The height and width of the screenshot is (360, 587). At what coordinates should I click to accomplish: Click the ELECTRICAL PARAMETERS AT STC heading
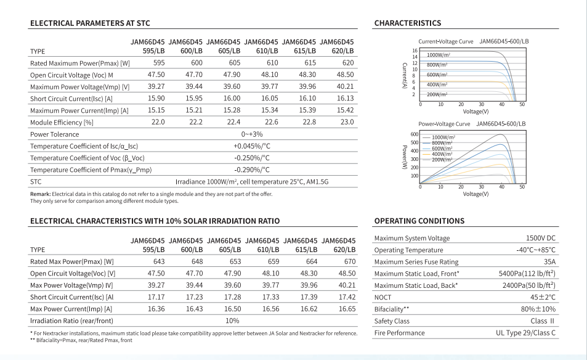click(90, 23)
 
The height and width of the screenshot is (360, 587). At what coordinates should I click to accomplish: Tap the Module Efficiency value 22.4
click(233, 122)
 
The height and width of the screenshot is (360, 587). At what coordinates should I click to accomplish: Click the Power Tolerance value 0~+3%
click(252, 134)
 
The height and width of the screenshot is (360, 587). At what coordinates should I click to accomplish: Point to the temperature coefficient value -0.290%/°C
click(252, 170)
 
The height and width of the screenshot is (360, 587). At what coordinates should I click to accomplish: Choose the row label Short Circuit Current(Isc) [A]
click(71, 99)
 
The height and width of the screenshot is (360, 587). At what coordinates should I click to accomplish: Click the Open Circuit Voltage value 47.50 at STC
click(156, 75)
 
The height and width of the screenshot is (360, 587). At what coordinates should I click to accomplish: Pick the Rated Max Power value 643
click(159, 261)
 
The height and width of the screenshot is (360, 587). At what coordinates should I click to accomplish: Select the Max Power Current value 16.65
click(347, 309)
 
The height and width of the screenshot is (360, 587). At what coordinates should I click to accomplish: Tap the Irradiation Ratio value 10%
click(232, 321)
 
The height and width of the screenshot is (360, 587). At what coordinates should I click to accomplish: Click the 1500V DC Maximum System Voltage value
click(541, 238)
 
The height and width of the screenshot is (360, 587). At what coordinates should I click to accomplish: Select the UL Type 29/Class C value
click(525, 333)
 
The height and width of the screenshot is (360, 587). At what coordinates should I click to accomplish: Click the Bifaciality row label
click(392, 309)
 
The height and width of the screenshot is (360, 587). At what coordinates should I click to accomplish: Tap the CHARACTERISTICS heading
click(408, 23)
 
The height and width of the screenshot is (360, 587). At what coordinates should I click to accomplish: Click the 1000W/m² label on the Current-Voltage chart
click(439, 55)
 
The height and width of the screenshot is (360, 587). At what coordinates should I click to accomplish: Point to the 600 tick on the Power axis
click(415, 134)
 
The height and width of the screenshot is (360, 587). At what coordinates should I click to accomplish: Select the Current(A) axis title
click(404, 75)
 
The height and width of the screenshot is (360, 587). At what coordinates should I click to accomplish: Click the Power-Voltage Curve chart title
click(444, 124)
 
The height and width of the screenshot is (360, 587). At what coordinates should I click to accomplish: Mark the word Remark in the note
click(41, 194)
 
